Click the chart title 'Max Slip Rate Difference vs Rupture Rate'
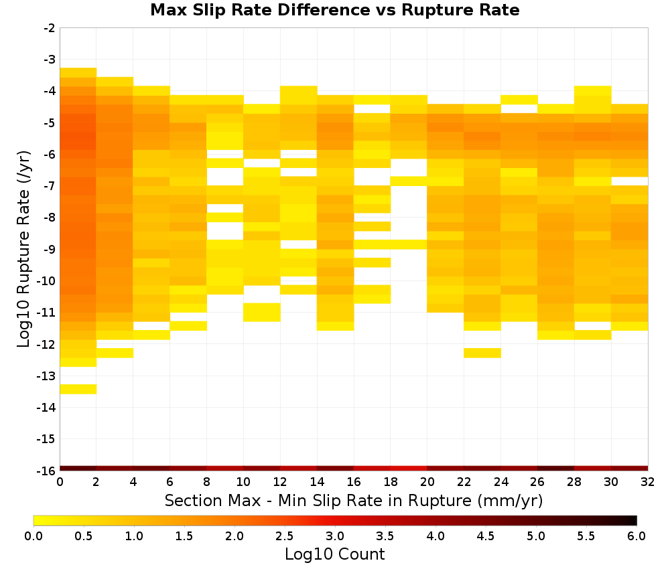click(x=334, y=9)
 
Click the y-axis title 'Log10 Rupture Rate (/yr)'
click(x=24, y=249)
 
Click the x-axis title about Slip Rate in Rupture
click(x=353, y=500)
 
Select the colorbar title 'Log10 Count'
click(x=334, y=554)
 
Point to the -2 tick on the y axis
click(x=50, y=28)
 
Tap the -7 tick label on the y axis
click(x=50, y=186)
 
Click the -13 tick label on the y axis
click(x=47, y=376)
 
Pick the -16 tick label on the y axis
click(x=47, y=471)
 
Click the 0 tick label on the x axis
click(x=60, y=482)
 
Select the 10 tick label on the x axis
click(x=243, y=482)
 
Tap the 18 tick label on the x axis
click(x=390, y=482)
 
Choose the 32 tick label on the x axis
click(x=647, y=482)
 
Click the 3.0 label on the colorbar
click(x=335, y=536)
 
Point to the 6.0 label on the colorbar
click(x=636, y=536)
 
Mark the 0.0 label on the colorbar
click(x=33, y=536)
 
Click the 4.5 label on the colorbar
click(x=485, y=536)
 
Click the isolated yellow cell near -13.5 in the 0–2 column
click(x=78, y=389)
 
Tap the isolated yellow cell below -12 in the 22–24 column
click(x=482, y=353)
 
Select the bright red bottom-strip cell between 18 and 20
click(x=409, y=469)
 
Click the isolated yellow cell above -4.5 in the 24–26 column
click(x=519, y=100)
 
